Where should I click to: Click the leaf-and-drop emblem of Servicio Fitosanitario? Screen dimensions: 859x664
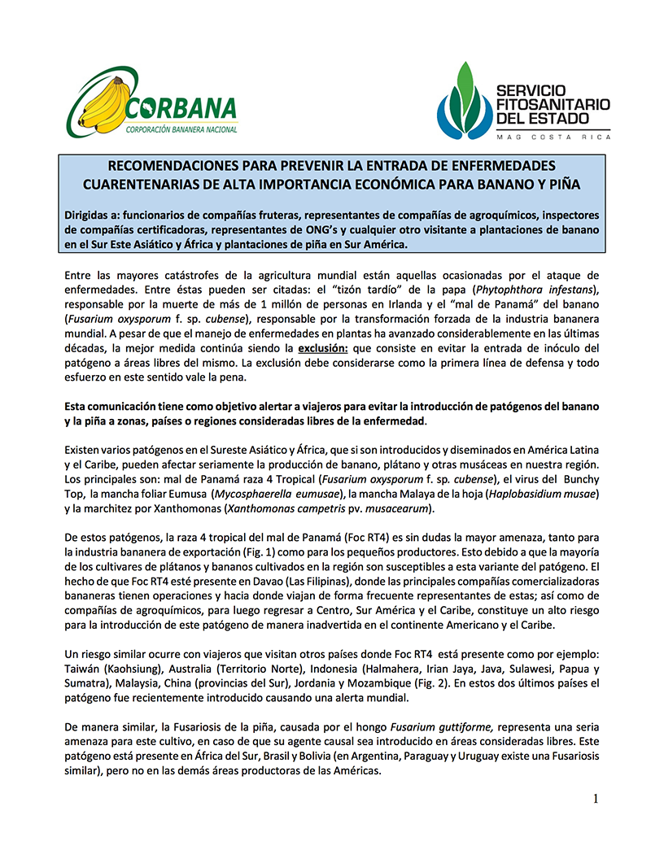click(x=463, y=102)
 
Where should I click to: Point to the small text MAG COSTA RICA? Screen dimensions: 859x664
click(x=553, y=138)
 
